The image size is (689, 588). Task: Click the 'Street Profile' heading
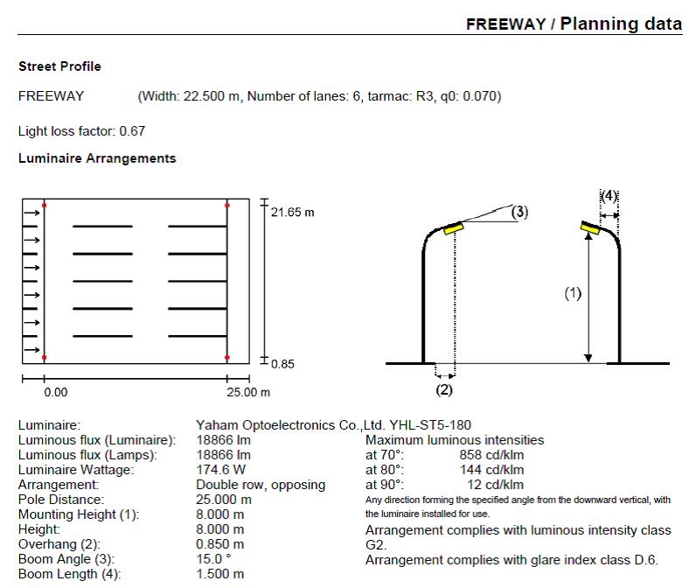click(x=59, y=66)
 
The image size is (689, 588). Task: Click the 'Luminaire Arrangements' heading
click(x=97, y=158)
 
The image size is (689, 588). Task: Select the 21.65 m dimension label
click(x=292, y=213)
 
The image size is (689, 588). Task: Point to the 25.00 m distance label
click(x=249, y=393)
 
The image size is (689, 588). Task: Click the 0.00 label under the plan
click(x=55, y=393)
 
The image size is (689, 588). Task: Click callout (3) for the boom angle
click(x=518, y=212)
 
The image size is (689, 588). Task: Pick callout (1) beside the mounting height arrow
click(x=572, y=294)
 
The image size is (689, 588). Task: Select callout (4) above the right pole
click(x=609, y=195)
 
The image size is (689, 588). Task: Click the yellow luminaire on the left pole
click(x=454, y=228)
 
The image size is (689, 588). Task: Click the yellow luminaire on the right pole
click(x=589, y=229)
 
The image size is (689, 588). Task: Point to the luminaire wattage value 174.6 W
click(x=221, y=470)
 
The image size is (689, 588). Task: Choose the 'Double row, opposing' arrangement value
click(x=261, y=485)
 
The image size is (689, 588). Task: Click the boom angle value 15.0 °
click(x=214, y=559)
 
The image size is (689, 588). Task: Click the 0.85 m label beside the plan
click(x=282, y=364)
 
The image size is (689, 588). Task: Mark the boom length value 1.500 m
click(x=219, y=574)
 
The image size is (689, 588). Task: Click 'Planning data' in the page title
click(x=621, y=23)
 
